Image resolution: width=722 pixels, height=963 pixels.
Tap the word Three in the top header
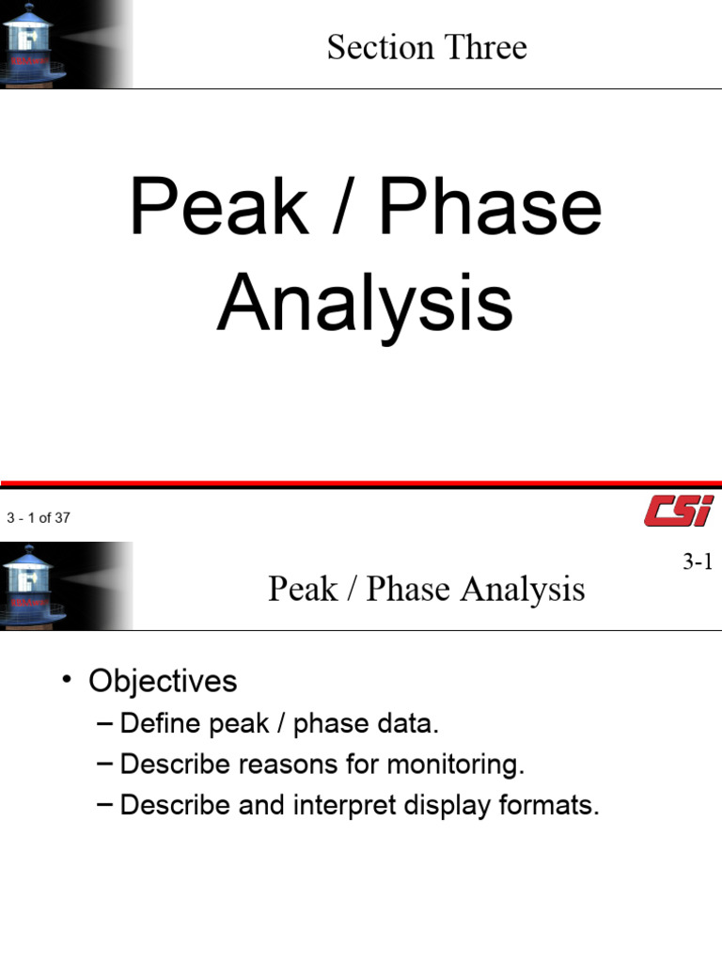click(487, 47)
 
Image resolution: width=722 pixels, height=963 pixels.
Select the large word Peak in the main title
click(218, 209)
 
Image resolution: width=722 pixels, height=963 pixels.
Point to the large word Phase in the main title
click(491, 209)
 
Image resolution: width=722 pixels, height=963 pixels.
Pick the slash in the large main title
click(345, 209)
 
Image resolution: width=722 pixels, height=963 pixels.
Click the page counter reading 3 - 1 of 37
click(38, 517)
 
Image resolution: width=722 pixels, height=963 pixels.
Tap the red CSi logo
click(678, 513)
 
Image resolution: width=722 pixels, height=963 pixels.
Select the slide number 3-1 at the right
click(698, 562)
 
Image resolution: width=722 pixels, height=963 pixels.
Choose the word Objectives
click(163, 680)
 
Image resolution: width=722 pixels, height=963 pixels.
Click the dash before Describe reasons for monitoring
click(104, 765)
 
